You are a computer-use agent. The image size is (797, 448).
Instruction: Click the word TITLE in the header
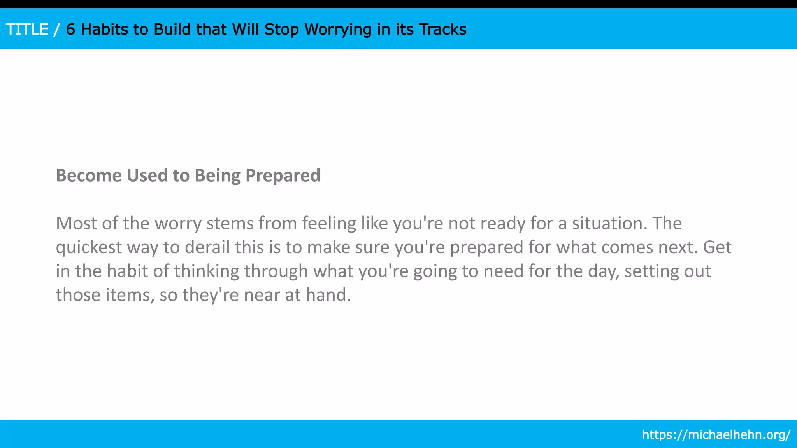pyautogui.click(x=27, y=30)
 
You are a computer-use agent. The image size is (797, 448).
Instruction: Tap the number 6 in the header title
pyautogui.click(x=70, y=30)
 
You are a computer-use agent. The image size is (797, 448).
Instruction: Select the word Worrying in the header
pyautogui.click(x=338, y=30)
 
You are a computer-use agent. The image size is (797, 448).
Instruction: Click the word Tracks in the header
pyautogui.click(x=442, y=30)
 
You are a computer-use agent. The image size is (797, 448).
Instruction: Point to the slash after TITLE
pyautogui.click(x=57, y=30)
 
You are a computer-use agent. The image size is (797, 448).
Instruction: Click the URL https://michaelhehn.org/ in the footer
pyautogui.click(x=716, y=434)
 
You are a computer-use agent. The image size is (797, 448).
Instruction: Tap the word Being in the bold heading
pyautogui.click(x=218, y=175)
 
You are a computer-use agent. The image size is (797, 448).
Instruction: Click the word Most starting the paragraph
pyautogui.click(x=76, y=223)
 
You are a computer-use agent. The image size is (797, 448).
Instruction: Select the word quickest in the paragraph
pyautogui.click(x=89, y=247)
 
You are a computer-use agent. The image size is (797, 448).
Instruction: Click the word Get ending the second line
pyautogui.click(x=717, y=247)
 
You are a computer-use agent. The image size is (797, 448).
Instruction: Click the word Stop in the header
pyautogui.click(x=281, y=30)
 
